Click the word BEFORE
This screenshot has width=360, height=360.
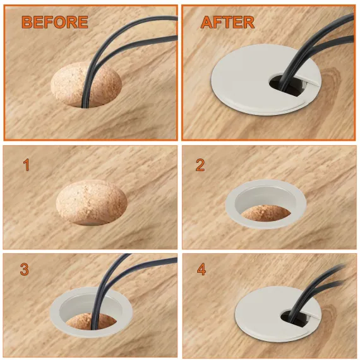tap(55, 22)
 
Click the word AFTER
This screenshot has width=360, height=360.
tap(227, 22)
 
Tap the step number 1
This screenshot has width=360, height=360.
tap(27, 165)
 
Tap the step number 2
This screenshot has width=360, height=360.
tap(200, 165)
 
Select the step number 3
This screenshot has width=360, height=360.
tap(25, 269)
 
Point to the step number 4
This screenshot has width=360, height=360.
tap(201, 269)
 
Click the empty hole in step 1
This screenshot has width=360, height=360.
tap(92, 203)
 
